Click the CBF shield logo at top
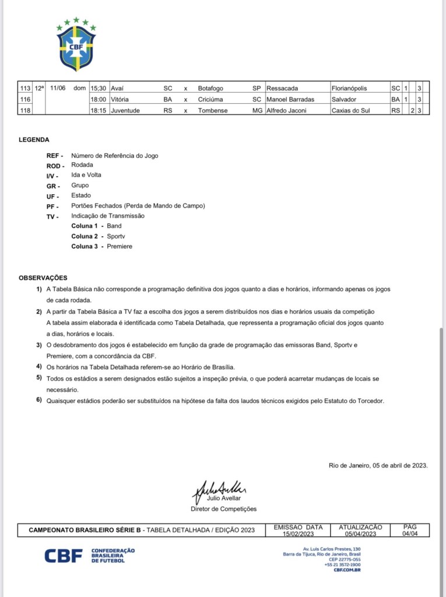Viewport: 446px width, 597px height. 76,45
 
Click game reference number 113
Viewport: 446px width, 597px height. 25,89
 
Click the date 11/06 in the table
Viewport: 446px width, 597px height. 58,89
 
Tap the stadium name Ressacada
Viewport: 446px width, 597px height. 282,89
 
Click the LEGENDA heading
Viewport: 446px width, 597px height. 34,140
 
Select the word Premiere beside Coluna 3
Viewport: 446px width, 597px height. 120,247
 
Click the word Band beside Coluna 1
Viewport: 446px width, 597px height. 114,226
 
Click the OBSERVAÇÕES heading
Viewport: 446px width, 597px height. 43,278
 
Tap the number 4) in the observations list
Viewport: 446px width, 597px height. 39,366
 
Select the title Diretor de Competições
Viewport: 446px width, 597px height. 224,509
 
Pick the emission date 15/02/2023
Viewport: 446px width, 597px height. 298,533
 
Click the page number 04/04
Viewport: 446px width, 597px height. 410,533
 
